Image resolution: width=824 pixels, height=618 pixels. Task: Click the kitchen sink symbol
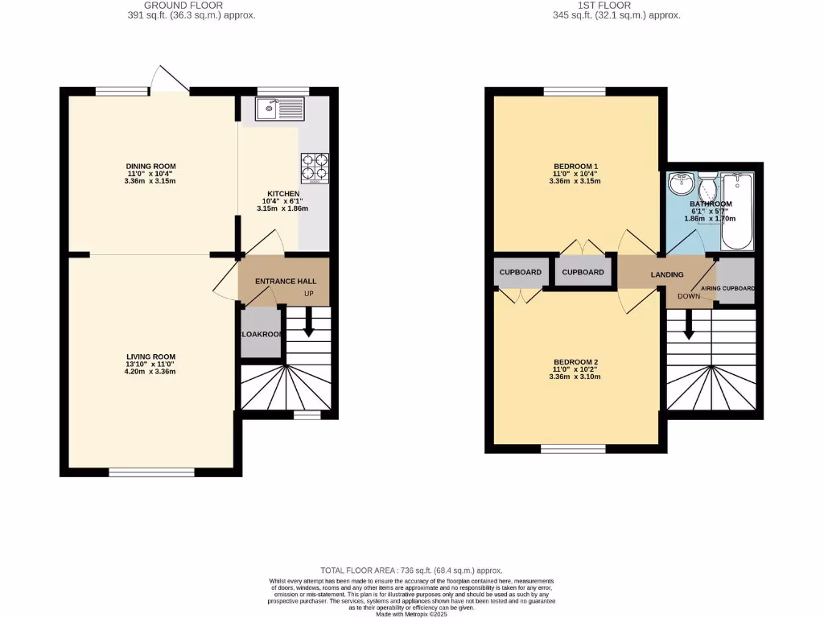coord(279,107)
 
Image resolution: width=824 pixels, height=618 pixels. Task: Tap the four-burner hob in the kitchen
coord(315,167)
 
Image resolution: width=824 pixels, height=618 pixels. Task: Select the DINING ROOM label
coord(150,167)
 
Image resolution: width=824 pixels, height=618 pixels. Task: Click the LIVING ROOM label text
coord(150,356)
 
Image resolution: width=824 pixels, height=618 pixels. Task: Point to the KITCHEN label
coord(283,194)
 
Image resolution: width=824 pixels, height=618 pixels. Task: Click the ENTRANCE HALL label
coord(286,282)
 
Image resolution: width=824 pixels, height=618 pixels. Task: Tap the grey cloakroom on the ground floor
coord(261,333)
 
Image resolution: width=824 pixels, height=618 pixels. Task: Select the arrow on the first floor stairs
coord(689,326)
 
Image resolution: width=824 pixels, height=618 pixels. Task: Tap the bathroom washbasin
coord(682,183)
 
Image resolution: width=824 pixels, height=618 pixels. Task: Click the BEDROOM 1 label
coord(575,167)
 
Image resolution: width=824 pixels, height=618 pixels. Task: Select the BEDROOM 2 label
coord(575,362)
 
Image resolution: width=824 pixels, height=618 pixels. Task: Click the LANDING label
coord(667,274)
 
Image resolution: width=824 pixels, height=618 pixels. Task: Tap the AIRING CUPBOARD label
coord(727,288)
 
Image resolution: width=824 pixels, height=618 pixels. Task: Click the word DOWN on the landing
coord(689,296)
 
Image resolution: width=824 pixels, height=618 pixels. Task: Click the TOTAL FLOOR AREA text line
coord(411,569)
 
